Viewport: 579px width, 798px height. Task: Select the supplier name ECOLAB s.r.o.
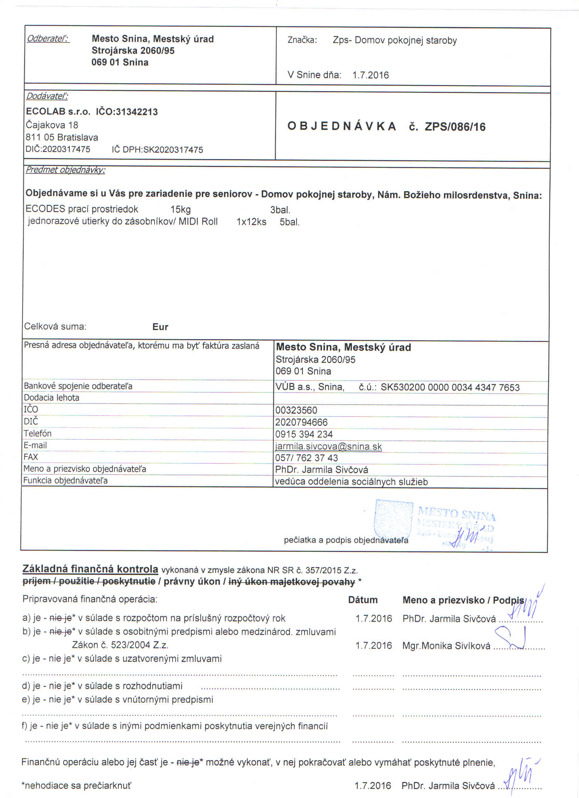point(58,112)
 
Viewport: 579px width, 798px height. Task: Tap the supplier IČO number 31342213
point(137,112)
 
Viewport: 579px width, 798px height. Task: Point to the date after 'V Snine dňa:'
point(370,75)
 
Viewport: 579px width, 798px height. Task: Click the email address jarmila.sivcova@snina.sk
point(328,446)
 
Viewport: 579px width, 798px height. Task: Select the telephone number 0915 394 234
point(304,434)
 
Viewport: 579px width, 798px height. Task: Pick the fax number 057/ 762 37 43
point(307,458)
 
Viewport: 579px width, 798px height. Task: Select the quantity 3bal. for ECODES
point(280,210)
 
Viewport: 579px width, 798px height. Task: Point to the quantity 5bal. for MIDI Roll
point(289,222)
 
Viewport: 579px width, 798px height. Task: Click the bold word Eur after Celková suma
point(160,327)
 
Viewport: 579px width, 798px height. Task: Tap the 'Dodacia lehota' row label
point(51,398)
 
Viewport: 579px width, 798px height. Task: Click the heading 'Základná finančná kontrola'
point(90,569)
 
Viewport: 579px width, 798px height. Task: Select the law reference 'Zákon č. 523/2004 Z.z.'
point(120,645)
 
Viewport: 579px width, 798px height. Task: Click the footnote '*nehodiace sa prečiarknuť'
point(76,785)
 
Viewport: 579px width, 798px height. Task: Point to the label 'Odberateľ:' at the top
point(48,38)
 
